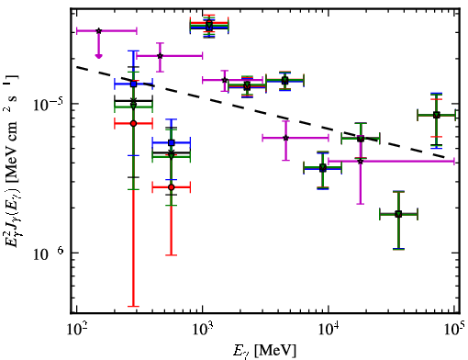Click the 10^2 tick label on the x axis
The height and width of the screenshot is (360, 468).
click(x=76, y=330)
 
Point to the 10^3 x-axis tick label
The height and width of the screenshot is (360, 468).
click(x=203, y=330)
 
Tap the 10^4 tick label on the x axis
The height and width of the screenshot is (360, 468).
click(x=329, y=330)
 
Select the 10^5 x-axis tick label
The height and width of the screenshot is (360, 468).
click(x=454, y=330)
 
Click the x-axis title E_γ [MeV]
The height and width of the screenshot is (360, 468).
click(x=264, y=351)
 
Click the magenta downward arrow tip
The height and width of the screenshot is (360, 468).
click(x=98, y=57)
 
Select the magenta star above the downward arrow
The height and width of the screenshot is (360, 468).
click(x=98, y=31)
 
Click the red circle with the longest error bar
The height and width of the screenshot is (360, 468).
click(x=133, y=124)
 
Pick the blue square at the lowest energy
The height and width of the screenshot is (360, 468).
click(x=133, y=84)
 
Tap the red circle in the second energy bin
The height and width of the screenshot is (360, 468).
click(x=172, y=187)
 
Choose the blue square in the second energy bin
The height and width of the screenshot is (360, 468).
click(x=172, y=142)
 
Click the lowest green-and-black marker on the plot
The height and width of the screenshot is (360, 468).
click(x=398, y=214)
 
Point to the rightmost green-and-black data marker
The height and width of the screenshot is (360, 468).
click(x=437, y=116)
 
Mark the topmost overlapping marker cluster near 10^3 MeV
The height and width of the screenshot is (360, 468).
click(x=209, y=26)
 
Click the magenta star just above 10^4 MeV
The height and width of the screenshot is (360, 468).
click(x=361, y=161)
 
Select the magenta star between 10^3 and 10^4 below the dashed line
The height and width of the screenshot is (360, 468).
click(x=285, y=138)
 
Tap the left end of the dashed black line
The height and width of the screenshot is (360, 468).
click(x=76, y=67)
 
